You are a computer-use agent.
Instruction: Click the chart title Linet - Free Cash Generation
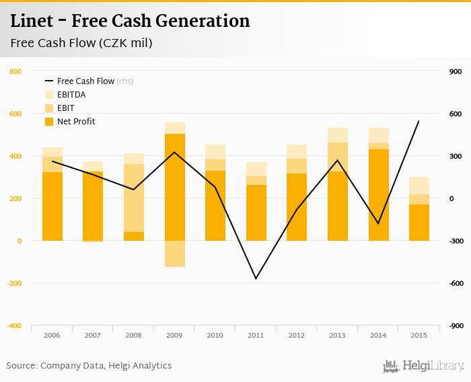(x=130, y=22)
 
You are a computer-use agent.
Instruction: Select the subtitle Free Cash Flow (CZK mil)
(x=81, y=44)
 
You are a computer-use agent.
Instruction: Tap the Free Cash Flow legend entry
(x=85, y=81)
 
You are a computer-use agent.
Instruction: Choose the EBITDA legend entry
(x=71, y=95)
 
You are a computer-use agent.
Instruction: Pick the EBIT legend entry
(x=65, y=108)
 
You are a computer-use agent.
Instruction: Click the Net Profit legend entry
(x=76, y=122)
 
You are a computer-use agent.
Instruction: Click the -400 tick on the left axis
(x=14, y=326)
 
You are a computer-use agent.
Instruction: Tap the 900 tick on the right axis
(x=456, y=71)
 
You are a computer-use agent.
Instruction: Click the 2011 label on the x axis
(x=256, y=335)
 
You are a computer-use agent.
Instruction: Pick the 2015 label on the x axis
(x=419, y=335)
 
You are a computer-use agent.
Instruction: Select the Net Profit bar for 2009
(x=174, y=187)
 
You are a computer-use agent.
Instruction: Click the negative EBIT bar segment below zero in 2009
(x=174, y=254)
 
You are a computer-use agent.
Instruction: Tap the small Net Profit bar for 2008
(x=134, y=236)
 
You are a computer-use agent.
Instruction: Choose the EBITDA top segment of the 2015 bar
(x=419, y=186)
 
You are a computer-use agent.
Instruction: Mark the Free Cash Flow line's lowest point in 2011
(x=256, y=278)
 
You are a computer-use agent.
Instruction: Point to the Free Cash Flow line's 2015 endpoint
(x=419, y=121)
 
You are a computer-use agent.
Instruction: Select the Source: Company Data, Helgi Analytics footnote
(x=89, y=366)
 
